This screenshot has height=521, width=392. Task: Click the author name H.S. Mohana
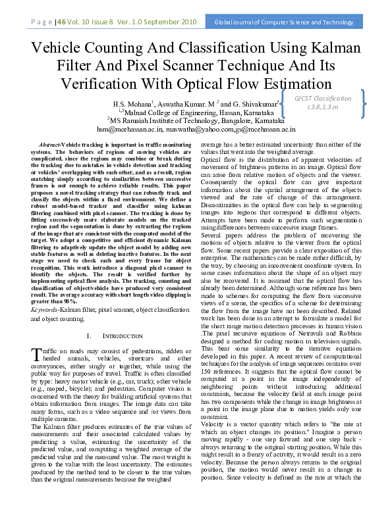click(132, 104)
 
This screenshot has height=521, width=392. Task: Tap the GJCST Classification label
click(323, 98)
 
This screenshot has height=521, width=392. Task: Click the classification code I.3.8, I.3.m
click(323, 107)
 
